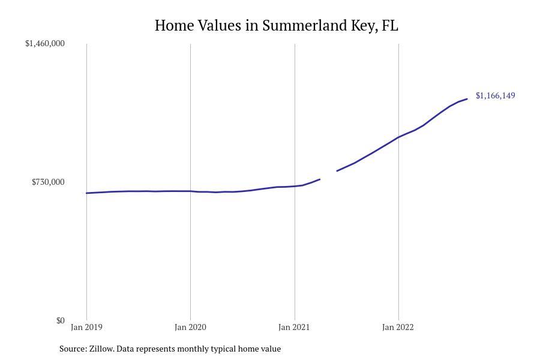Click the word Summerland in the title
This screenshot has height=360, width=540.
tap(304, 26)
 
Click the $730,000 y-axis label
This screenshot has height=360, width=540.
tap(48, 182)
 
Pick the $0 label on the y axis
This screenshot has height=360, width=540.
tap(60, 320)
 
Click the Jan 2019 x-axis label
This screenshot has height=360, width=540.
tap(86, 328)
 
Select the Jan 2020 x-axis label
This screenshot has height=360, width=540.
tap(190, 328)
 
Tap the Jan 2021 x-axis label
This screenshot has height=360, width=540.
tap(294, 328)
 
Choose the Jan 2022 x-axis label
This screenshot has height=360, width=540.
tap(398, 328)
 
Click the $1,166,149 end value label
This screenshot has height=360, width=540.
tap(495, 95)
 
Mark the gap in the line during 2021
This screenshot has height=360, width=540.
tap(329, 175)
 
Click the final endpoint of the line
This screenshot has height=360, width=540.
tap(467, 99)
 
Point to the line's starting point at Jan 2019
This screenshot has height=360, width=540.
tap(86, 193)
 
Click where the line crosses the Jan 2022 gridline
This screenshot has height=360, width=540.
tap(398, 137)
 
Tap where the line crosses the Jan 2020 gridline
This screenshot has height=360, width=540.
tap(190, 191)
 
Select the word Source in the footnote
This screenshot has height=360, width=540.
tap(73, 349)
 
